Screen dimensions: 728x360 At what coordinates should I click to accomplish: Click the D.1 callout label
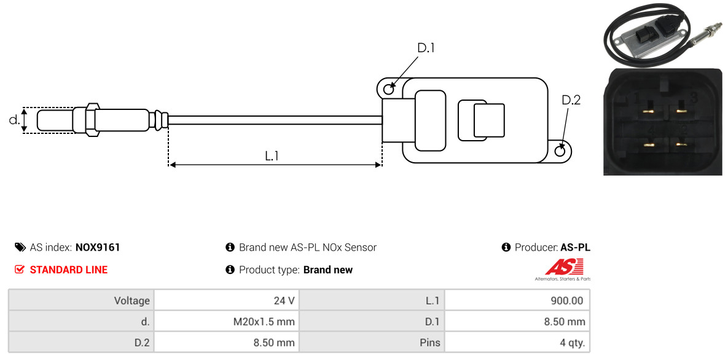pos(425,48)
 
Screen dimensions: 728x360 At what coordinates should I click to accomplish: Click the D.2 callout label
pos(571,100)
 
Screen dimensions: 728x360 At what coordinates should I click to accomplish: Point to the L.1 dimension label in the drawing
pos(272,156)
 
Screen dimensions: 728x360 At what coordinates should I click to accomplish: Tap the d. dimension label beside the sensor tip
pos(14,120)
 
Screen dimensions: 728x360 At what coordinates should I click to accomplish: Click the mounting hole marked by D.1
pos(389,87)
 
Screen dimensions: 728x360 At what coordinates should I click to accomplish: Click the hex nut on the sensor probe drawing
pos(92,120)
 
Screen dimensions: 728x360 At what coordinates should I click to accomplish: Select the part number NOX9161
pos(98,248)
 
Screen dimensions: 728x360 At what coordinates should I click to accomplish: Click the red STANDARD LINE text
pos(69,270)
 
